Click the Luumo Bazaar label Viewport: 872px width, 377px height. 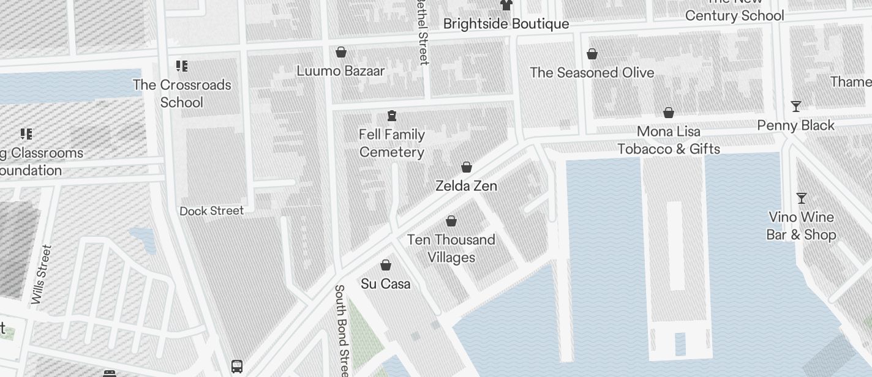(x=340, y=71)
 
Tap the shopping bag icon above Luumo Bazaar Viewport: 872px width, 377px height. (x=341, y=53)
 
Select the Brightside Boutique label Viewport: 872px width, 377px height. (x=506, y=24)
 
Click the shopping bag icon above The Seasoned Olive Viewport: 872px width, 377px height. (x=592, y=54)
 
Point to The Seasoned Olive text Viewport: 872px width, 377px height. (x=592, y=73)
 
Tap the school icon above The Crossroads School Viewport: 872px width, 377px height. (x=181, y=66)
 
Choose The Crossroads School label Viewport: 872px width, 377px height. (x=182, y=93)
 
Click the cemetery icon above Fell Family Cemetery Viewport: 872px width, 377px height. (x=392, y=116)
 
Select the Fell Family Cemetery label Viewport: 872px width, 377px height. (x=392, y=143)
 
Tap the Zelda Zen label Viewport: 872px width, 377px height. (x=466, y=185)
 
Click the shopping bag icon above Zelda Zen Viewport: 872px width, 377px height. (x=467, y=167)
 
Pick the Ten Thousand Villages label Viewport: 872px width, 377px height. (x=451, y=248)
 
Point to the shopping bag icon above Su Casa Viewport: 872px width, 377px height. (x=386, y=265)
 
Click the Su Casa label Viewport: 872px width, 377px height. (x=386, y=284)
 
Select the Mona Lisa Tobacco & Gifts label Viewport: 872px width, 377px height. (x=669, y=140)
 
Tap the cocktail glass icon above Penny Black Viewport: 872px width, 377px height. (x=796, y=106)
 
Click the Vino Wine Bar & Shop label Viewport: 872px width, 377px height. (x=801, y=226)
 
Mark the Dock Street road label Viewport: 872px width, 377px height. (x=212, y=211)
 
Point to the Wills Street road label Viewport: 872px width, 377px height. (x=42, y=274)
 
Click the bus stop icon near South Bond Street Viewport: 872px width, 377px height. (x=237, y=367)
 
